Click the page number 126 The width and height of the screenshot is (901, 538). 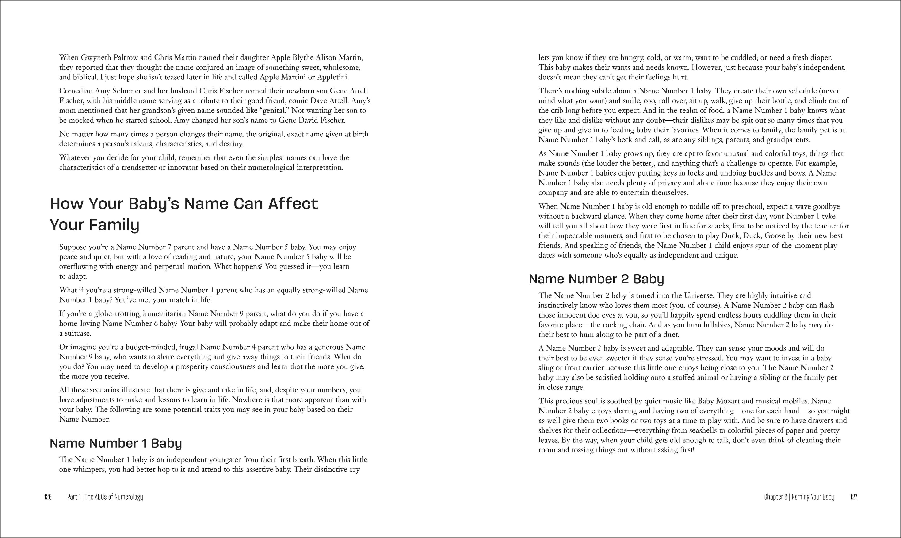(x=48, y=497)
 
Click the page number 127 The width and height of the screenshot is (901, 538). (x=853, y=497)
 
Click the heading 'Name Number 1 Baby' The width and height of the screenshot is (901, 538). (x=116, y=443)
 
